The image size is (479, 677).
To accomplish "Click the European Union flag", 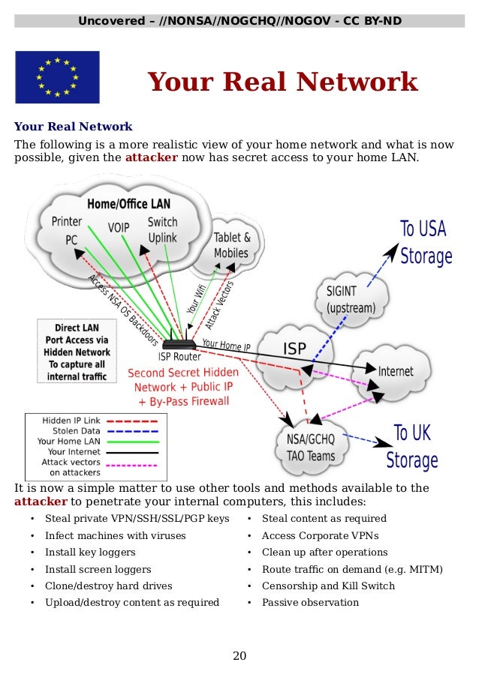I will pyautogui.click(x=57, y=77).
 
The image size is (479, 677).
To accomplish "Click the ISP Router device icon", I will pyautogui.click(x=179, y=345).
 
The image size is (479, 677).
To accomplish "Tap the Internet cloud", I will pyautogui.click(x=395, y=371).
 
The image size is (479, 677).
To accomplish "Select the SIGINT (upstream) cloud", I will pyautogui.click(x=350, y=298).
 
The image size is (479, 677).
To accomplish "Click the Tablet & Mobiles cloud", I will pyautogui.click(x=231, y=245).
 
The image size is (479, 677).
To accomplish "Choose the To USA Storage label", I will pyautogui.click(x=426, y=242).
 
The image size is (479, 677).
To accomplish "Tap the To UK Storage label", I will pyautogui.click(x=411, y=445).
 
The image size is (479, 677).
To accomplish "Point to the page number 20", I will pyautogui.click(x=239, y=656).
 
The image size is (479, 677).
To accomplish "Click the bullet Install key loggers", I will pyautogui.click(x=90, y=553).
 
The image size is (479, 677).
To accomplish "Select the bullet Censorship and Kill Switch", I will pyautogui.click(x=327, y=586).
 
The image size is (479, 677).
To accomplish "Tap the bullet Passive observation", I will pyautogui.click(x=310, y=603).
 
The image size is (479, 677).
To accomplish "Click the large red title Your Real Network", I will pyautogui.click(x=282, y=82).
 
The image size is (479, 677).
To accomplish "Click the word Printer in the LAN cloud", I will pyautogui.click(x=67, y=221).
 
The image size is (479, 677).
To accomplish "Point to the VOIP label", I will pyautogui.click(x=119, y=227).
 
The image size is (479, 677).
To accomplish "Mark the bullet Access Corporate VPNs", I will pyautogui.click(x=320, y=535).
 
